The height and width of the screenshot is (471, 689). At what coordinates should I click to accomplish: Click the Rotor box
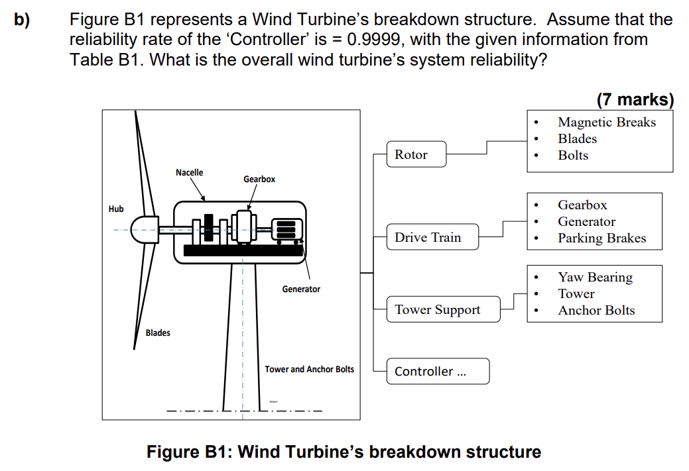[x=416, y=154]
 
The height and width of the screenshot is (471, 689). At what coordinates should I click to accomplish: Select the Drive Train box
[x=432, y=237]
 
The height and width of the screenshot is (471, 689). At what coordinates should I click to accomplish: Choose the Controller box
[x=438, y=371]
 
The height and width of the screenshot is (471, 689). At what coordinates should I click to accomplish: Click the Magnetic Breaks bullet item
[x=606, y=122]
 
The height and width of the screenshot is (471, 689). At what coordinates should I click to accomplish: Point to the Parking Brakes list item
[x=601, y=238]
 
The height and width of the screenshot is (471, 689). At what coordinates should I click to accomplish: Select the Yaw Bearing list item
[x=595, y=277]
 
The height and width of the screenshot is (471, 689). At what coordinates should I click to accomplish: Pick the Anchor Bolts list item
[x=596, y=310]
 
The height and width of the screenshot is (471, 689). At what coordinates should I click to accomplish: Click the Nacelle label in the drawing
[x=190, y=172]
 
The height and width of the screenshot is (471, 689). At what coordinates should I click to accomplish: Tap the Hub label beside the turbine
[x=116, y=209]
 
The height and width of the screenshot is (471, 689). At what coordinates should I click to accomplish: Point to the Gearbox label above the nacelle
[x=259, y=179]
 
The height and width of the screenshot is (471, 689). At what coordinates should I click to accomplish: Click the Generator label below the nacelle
[x=301, y=289]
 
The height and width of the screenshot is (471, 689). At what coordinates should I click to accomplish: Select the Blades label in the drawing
[x=158, y=333]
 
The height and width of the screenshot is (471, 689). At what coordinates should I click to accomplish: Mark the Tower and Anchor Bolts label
[x=310, y=369]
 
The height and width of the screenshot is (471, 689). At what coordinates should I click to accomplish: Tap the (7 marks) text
[x=635, y=100]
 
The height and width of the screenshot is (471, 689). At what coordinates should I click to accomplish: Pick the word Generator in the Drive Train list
[x=586, y=221]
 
